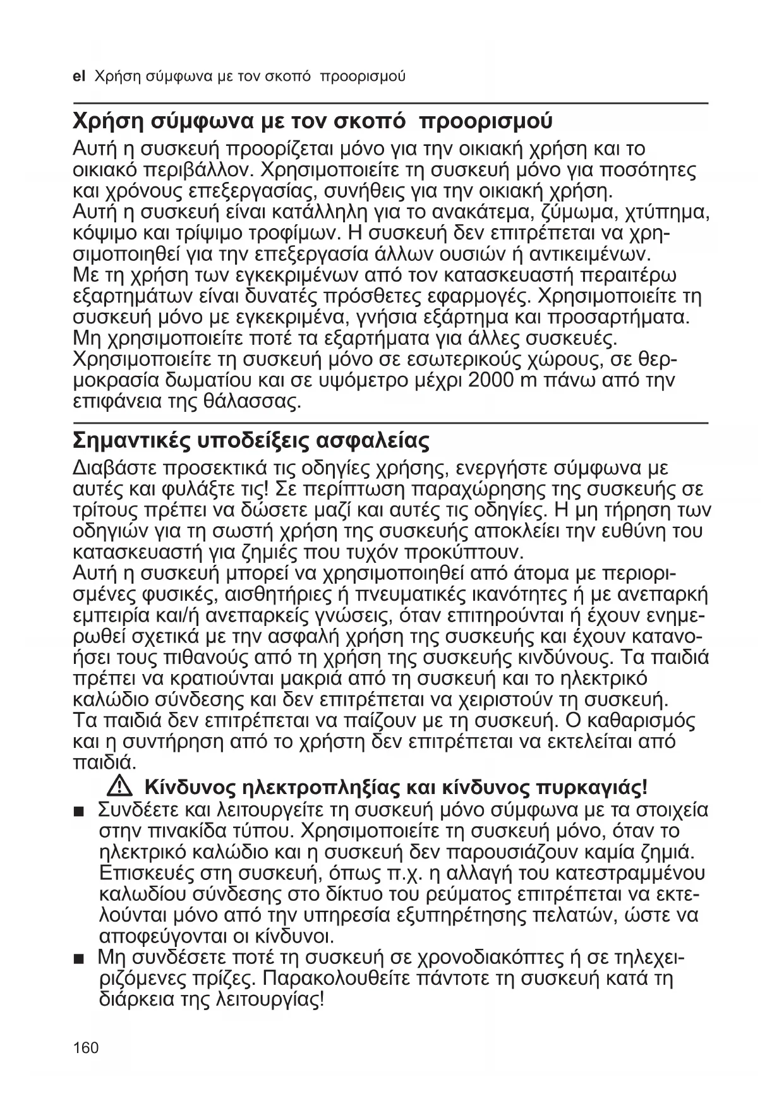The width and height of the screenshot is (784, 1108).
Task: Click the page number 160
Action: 86,1048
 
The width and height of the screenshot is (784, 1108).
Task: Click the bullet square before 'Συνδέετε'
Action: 78,811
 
